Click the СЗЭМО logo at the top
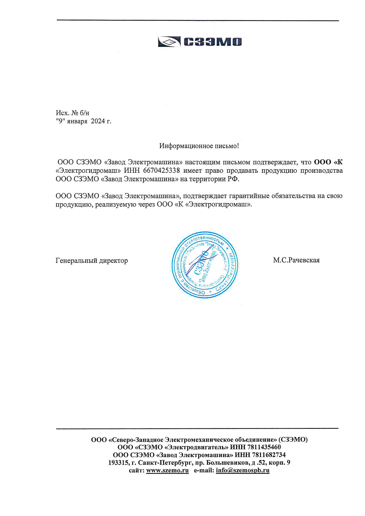tap(200, 42)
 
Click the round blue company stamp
tap(204, 264)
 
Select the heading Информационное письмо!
tap(199, 146)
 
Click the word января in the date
tap(77, 121)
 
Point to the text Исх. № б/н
tap(73, 113)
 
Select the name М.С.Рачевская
tap(296, 260)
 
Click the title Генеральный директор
tap(92, 261)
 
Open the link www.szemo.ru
tap(167, 470)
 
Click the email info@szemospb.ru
tap(243, 470)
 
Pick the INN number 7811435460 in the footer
tap(264, 447)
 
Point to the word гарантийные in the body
tap(249, 196)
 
